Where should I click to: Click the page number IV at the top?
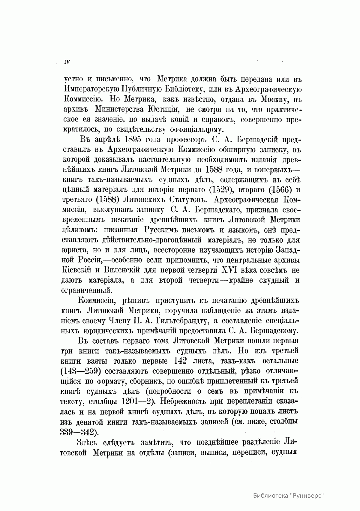67,62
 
